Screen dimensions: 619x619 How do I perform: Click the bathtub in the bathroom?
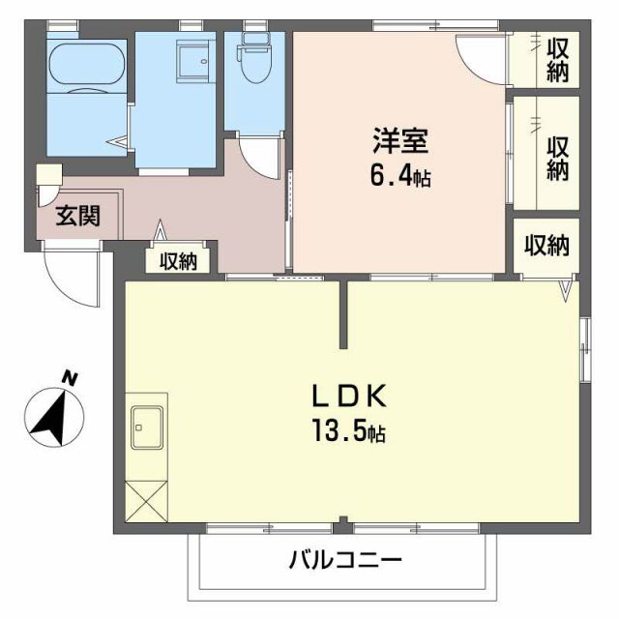[x=88, y=66]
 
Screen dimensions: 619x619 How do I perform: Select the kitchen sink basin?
[x=147, y=425]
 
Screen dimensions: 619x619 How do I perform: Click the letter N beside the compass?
[x=69, y=377]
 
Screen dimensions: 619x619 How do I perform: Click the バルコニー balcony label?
[x=343, y=560]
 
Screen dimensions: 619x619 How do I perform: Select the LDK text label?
[x=348, y=396]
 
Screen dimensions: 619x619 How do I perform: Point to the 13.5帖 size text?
[x=351, y=432]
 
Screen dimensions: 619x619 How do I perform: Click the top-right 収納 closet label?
[x=557, y=59]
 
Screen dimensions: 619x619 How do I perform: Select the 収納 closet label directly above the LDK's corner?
[x=546, y=245]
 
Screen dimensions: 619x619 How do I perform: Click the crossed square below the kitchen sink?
[x=145, y=502]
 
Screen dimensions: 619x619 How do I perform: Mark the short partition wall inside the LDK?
[x=342, y=315]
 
